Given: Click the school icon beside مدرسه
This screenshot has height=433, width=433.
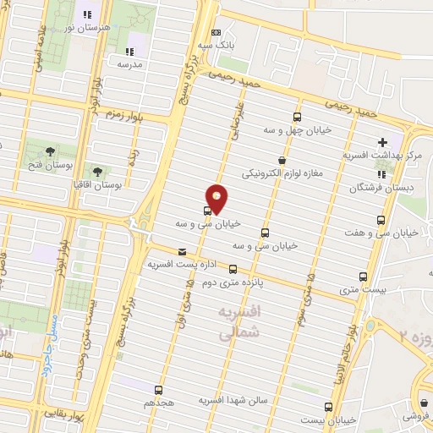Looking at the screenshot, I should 129,51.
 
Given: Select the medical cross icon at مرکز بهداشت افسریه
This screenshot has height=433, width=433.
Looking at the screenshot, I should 382,142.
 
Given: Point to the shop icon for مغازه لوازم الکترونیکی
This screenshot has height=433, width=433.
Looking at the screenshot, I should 282,160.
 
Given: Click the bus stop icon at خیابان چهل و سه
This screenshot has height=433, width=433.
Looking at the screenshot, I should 297,118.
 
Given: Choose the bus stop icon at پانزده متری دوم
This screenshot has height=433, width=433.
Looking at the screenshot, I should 233,269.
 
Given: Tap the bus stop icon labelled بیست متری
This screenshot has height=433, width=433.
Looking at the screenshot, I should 364,277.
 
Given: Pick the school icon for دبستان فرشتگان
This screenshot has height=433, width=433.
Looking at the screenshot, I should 381,175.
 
